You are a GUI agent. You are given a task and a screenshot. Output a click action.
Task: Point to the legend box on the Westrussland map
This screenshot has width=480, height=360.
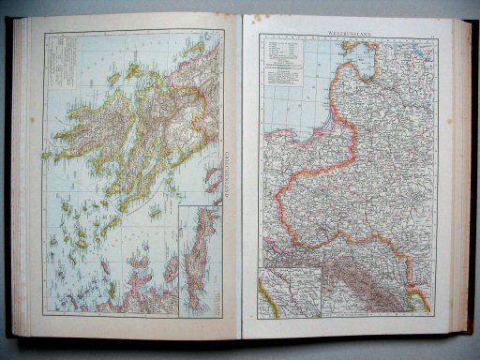(x=292, y=57)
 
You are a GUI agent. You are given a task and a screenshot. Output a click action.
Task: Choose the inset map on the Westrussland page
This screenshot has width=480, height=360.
(x=290, y=290)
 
